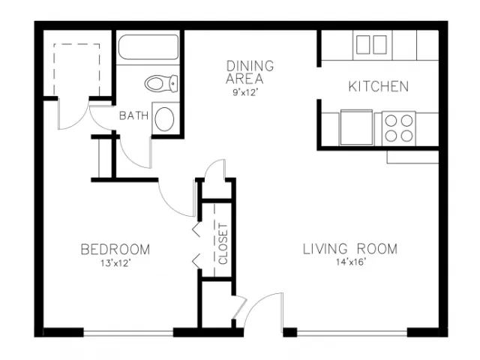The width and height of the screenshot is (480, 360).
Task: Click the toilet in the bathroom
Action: [161, 83]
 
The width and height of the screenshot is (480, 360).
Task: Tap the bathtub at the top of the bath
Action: [148, 47]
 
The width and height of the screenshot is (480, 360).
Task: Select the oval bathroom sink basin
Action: [164, 119]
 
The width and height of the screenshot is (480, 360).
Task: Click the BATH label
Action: [133, 115]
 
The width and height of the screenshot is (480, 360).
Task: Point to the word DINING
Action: [250, 66]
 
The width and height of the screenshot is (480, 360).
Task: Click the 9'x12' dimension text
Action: [244, 92]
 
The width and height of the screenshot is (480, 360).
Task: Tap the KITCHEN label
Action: [379, 87]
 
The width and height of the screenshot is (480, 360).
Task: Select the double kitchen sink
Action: [372, 45]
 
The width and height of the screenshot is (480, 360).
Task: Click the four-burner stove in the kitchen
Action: [399, 128]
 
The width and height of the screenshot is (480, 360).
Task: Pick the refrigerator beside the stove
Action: [356, 127]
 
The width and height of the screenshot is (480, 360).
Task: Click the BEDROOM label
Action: [115, 250]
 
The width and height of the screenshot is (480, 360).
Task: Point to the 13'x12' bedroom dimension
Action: [115, 263]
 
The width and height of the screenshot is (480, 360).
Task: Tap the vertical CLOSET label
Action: [223, 244]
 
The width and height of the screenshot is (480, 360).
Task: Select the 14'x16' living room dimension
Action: [351, 262]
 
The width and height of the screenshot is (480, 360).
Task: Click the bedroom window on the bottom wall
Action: [128, 333]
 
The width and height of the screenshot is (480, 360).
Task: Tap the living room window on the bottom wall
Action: [352, 333]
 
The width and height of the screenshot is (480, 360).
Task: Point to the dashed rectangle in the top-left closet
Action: [76, 70]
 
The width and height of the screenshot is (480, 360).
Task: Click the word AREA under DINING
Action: [244, 79]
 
